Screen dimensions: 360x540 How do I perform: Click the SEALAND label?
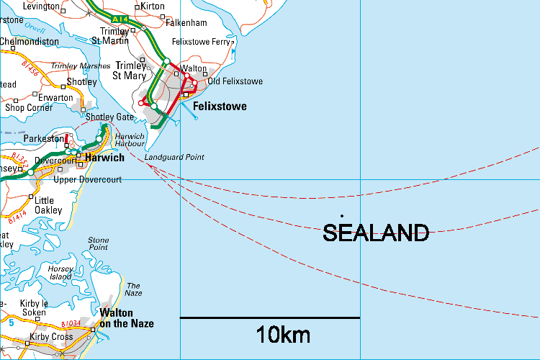376,233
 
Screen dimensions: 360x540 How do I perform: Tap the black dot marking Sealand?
341,215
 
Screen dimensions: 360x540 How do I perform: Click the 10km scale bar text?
283,335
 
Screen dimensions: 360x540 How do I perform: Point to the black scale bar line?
269,318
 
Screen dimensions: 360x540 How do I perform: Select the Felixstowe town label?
220,107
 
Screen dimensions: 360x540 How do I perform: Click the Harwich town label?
104,158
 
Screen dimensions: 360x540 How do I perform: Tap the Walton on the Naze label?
126,318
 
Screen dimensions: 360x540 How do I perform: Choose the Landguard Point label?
174,157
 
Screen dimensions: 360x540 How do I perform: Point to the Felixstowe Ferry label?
201,42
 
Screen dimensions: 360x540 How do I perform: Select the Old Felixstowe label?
235,81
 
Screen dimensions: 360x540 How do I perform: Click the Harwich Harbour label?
130,140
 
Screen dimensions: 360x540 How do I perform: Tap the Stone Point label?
98,244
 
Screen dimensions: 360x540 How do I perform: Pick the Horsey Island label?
60,272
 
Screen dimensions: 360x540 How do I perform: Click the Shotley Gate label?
109,117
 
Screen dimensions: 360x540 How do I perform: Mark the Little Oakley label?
44,205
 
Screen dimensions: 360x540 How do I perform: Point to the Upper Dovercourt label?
87,179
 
